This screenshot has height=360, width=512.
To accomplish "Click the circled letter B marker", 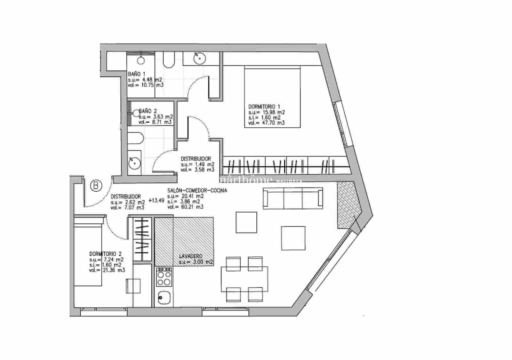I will click(x=96, y=186).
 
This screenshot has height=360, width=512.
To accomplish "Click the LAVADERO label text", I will click(x=191, y=256).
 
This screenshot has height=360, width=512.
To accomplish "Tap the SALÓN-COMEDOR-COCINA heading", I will click(x=197, y=190).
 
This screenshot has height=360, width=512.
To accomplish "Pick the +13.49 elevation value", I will click(x=156, y=201).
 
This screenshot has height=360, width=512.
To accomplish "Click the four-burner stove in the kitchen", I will click(x=164, y=277).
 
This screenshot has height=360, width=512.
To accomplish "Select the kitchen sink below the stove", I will click(x=164, y=298).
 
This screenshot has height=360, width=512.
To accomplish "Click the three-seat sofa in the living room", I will click(x=293, y=198).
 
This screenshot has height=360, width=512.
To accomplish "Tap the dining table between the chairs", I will click(x=245, y=279).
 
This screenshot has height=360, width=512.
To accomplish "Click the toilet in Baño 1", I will click(x=169, y=60).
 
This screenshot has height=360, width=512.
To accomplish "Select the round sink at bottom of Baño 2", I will click(x=134, y=163).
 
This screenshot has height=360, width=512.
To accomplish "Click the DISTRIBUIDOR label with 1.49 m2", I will click(x=196, y=159).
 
